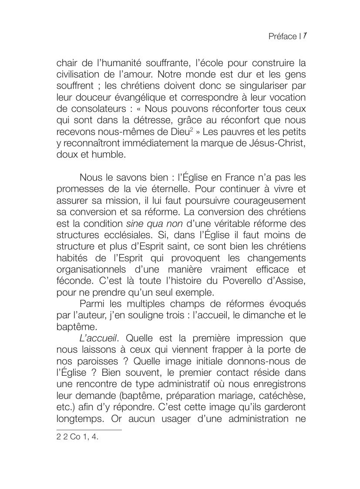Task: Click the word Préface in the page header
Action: pos(283,37)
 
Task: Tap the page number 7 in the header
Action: pos(305,36)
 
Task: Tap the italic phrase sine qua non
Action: pos(154,223)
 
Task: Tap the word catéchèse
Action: pos(283,395)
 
